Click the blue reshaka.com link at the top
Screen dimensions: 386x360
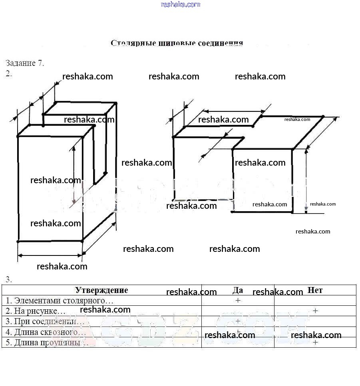(x=180, y=4)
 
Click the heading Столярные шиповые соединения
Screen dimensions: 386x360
(x=177, y=43)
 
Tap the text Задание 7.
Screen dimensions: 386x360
(x=25, y=63)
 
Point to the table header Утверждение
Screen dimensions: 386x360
(x=101, y=290)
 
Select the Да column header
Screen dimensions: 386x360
(x=238, y=290)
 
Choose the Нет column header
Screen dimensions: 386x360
(x=315, y=290)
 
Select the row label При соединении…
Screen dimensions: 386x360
(x=45, y=321)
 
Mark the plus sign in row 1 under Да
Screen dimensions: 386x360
(x=238, y=301)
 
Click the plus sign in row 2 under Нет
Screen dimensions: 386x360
(x=315, y=311)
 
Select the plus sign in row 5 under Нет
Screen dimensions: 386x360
(x=315, y=342)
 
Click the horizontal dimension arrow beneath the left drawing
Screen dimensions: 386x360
(x=50, y=255)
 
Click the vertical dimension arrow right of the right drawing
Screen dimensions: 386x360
(x=306, y=180)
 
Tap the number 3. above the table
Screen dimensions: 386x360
(x=9, y=279)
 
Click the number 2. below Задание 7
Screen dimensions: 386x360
(x=9, y=73)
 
